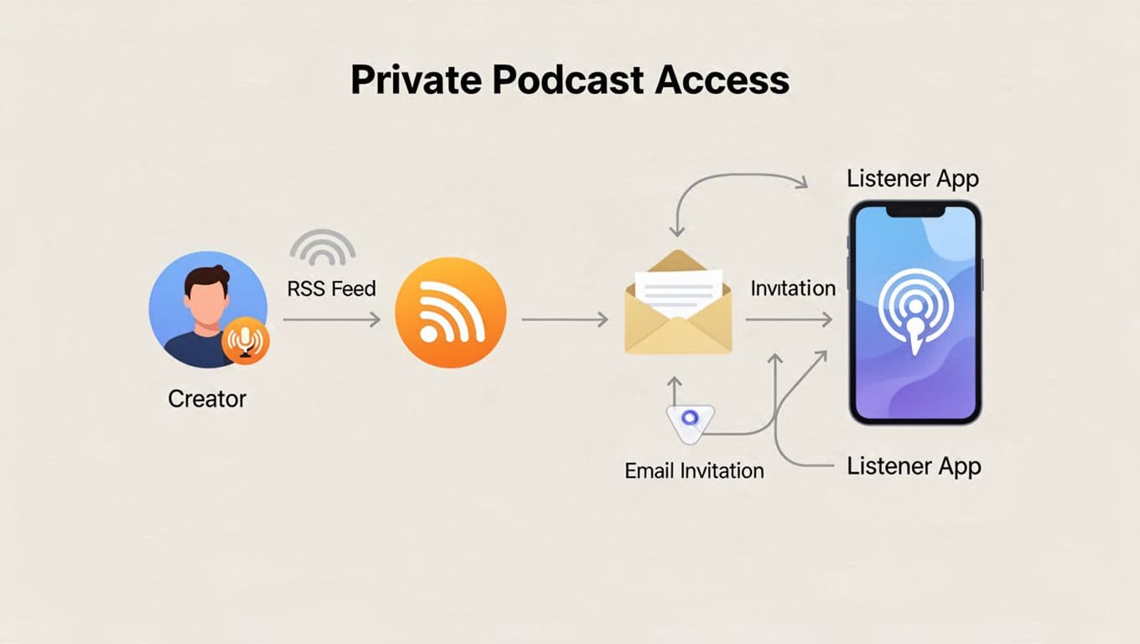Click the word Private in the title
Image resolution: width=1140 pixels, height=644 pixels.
point(414,80)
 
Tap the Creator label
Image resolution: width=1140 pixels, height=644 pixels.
point(207,398)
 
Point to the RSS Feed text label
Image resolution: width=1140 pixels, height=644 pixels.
point(331,289)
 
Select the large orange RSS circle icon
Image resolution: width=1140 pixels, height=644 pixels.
point(450,312)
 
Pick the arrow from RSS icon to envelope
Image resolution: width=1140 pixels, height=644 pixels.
point(564,319)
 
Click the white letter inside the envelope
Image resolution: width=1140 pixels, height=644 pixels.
point(679,288)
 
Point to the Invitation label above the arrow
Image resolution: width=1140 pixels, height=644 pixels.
point(793,288)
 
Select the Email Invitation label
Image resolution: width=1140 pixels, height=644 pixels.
point(694,470)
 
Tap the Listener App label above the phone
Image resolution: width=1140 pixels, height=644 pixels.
point(913,179)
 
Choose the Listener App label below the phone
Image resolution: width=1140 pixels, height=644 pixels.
point(914,466)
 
